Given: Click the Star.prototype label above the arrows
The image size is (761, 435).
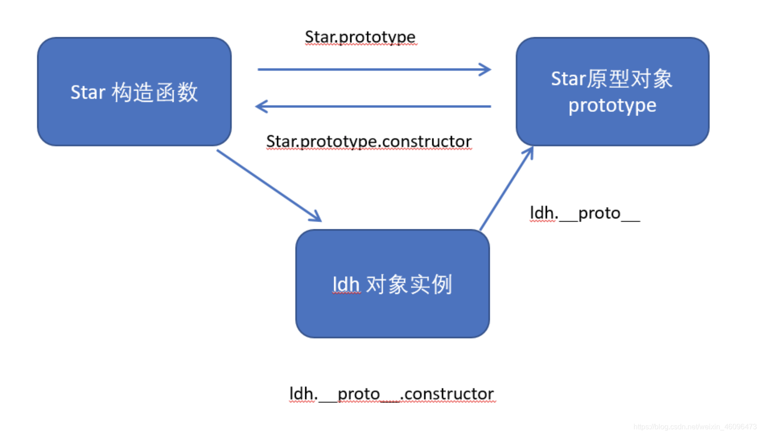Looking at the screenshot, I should (360, 37).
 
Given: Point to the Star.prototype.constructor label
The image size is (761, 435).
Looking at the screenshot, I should (369, 141).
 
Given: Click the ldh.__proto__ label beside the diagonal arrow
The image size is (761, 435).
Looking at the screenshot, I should (585, 213).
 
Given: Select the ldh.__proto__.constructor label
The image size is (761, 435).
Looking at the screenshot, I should (392, 394).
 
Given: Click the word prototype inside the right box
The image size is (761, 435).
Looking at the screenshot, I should (612, 106).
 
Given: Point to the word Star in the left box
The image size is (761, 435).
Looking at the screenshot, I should (88, 92).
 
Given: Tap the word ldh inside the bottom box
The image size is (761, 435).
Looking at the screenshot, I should (346, 285).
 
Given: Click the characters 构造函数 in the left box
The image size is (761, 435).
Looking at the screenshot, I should (155, 92).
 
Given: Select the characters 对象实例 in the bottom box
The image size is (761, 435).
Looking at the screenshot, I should (409, 285).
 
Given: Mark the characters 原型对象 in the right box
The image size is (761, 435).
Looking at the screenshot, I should (629, 79).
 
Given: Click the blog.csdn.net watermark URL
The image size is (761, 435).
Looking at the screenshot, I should (694, 426).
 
